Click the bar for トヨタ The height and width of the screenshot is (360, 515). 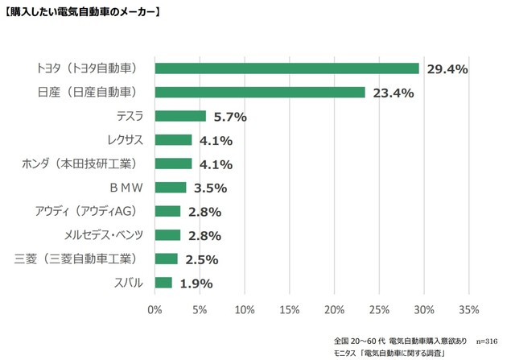286,68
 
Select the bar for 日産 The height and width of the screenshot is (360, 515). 259,92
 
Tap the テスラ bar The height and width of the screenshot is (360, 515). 180,116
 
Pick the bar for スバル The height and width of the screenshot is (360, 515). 163,283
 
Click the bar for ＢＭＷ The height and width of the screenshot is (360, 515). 171,188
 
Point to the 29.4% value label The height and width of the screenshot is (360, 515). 447,69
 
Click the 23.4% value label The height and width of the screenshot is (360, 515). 393,93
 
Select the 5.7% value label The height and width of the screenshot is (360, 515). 229,117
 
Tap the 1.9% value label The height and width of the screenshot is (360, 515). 196,283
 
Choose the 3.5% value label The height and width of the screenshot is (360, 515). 211,188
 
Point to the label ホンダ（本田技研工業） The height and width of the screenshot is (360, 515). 84,164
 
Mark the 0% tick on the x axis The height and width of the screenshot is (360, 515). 154,309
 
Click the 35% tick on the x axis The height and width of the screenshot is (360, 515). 468,309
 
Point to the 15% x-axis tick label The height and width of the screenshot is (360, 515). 289,309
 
